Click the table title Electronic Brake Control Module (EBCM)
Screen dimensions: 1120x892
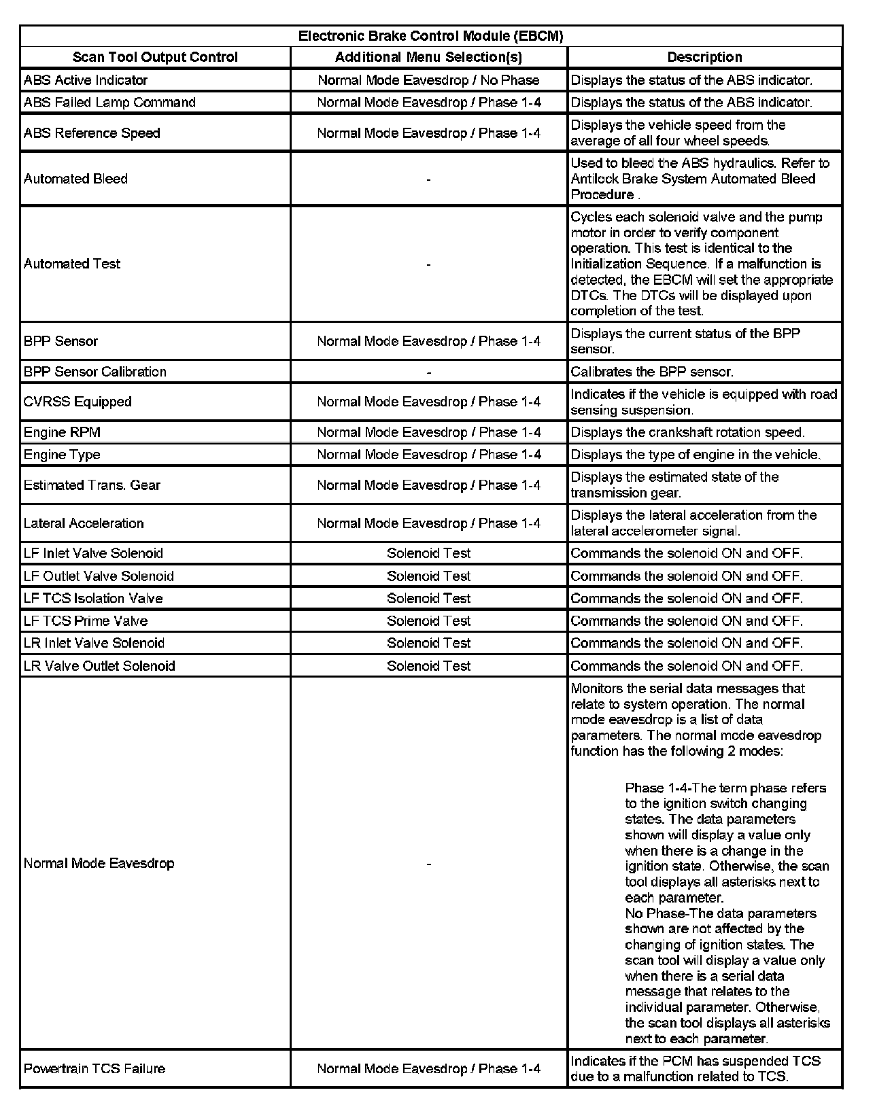click(431, 36)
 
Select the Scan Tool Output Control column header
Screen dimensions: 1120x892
click(155, 57)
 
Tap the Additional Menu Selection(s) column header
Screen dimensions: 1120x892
click(428, 57)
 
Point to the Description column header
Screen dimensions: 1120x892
click(704, 57)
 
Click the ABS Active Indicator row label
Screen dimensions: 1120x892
click(86, 80)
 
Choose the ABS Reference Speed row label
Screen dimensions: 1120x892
click(92, 133)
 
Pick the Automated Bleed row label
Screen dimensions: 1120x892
click(75, 179)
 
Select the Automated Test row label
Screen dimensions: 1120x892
click(72, 264)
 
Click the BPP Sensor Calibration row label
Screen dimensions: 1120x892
click(95, 372)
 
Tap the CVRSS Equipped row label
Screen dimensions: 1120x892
click(78, 402)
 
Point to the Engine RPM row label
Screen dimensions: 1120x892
click(62, 432)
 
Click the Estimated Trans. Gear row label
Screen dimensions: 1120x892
click(92, 485)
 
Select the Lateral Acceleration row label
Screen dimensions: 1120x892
click(84, 523)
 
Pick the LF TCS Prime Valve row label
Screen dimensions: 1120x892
click(86, 620)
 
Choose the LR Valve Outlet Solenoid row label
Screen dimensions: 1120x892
click(99, 666)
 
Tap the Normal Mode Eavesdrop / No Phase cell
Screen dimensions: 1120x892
click(428, 80)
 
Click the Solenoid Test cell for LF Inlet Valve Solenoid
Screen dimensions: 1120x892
click(428, 553)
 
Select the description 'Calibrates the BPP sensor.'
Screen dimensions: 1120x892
click(652, 372)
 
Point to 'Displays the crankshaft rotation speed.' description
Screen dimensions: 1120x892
click(687, 432)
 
